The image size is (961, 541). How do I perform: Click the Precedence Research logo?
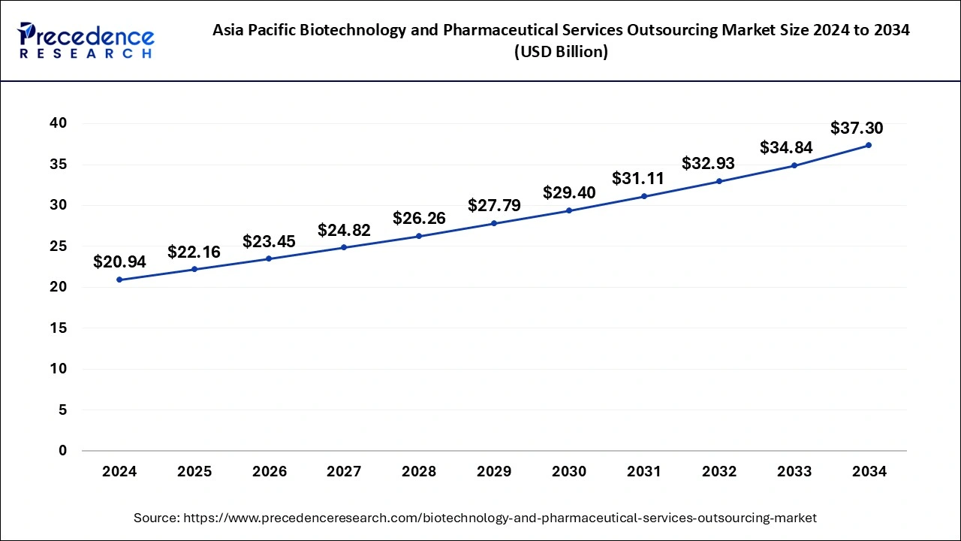86,41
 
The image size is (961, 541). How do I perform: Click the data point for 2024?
119,280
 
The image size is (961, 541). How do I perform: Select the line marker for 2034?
869,145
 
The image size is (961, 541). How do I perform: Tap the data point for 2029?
494,223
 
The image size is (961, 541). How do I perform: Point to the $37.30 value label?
857,128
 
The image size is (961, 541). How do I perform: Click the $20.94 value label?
119,262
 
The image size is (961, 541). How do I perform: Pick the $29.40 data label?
569,193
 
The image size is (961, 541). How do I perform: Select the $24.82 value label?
344,231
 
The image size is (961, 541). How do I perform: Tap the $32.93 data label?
708,164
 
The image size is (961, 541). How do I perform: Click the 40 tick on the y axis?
58,123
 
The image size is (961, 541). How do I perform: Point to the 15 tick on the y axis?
58,328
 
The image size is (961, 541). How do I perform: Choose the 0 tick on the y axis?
62,451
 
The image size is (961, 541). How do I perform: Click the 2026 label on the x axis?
269,472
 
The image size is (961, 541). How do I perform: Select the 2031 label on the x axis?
644,472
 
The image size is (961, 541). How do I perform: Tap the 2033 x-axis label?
794,472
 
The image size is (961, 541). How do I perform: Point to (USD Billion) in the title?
562,52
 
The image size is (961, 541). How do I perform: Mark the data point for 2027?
344,247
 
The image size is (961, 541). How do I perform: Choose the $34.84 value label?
786,148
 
